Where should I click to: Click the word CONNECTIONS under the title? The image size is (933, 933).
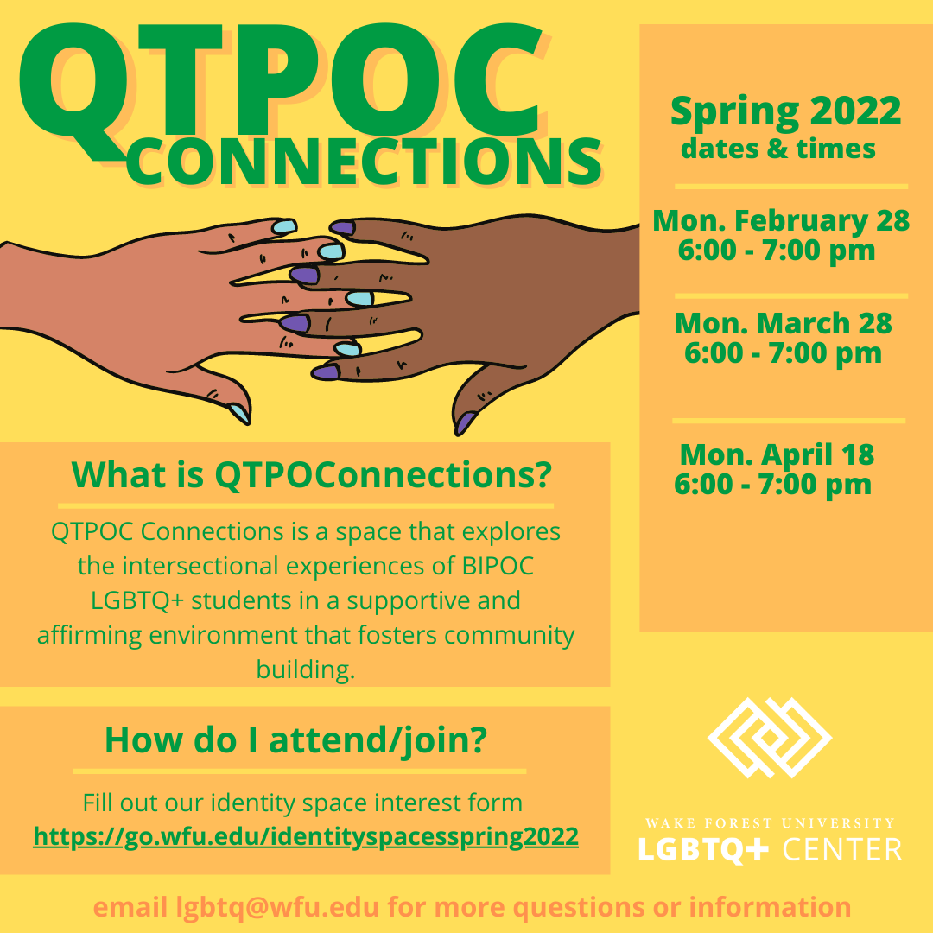364,162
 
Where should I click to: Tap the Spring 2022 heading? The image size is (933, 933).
785,111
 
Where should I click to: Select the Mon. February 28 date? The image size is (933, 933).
781,220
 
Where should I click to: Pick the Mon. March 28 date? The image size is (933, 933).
783,323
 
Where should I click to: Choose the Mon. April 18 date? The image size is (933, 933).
777,454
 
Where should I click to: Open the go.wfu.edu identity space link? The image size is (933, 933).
306,836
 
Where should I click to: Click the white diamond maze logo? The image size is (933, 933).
770,737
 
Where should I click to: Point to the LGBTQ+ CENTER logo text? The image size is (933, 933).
770,849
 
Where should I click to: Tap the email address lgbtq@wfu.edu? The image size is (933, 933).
277,907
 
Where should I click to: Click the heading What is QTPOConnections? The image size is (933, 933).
312,475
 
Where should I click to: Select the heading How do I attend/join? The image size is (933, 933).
295,739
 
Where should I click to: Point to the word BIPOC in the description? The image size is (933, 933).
498,566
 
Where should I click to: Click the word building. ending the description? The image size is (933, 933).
306,670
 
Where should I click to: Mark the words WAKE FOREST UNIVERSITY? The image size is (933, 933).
770,823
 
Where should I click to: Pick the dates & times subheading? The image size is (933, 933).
777,149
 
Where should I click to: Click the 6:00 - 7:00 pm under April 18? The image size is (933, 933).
772,485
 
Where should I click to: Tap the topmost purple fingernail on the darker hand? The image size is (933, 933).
342,227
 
